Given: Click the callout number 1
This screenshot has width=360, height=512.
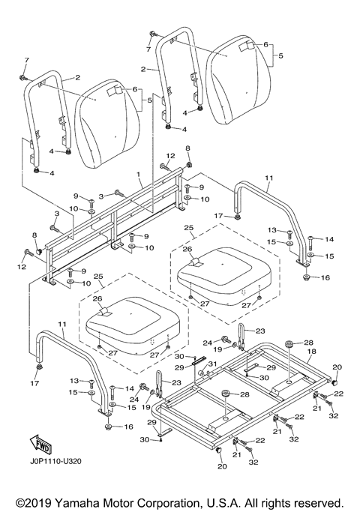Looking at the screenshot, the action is point(139,175).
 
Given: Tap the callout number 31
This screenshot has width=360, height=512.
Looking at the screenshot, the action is point(213,364).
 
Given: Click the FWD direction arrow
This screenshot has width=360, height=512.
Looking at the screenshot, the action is point(40,445).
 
